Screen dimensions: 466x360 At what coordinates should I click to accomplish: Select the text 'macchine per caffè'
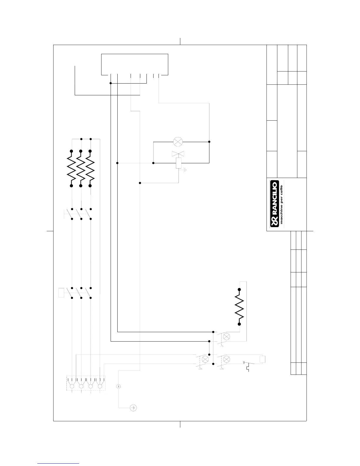pyautogui.click(x=281, y=204)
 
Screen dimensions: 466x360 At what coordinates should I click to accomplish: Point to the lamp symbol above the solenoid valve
pyautogui.click(x=178, y=142)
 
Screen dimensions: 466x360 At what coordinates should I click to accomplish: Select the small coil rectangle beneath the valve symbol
pyautogui.click(x=179, y=163)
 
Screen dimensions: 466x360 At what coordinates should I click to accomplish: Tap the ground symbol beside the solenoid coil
pyautogui.click(x=185, y=170)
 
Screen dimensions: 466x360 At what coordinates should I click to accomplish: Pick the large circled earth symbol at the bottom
pyautogui.click(x=133, y=408)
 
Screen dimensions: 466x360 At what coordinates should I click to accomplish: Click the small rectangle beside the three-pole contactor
pyautogui.click(x=61, y=293)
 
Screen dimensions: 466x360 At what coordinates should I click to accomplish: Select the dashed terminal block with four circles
pyautogui.click(x=86, y=383)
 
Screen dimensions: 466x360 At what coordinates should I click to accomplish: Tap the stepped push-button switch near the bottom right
pyautogui.click(x=247, y=365)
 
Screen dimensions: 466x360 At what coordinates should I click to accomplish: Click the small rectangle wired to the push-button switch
pyautogui.click(x=263, y=359)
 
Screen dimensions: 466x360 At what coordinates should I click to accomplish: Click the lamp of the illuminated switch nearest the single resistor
pyautogui.click(x=227, y=337)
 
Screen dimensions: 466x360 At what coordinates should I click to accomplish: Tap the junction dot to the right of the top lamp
pyautogui.click(x=209, y=142)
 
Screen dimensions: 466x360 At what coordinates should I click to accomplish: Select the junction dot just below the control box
pyautogui.click(x=111, y=83)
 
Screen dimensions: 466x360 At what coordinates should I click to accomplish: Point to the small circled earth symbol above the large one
pyautogui.click(x=118, y=386)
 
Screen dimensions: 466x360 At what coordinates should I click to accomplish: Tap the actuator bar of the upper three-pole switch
pyautogui.click(x=64, y=214)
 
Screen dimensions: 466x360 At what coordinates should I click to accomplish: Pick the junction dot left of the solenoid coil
pyautogui.click(x=154, y=163)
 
